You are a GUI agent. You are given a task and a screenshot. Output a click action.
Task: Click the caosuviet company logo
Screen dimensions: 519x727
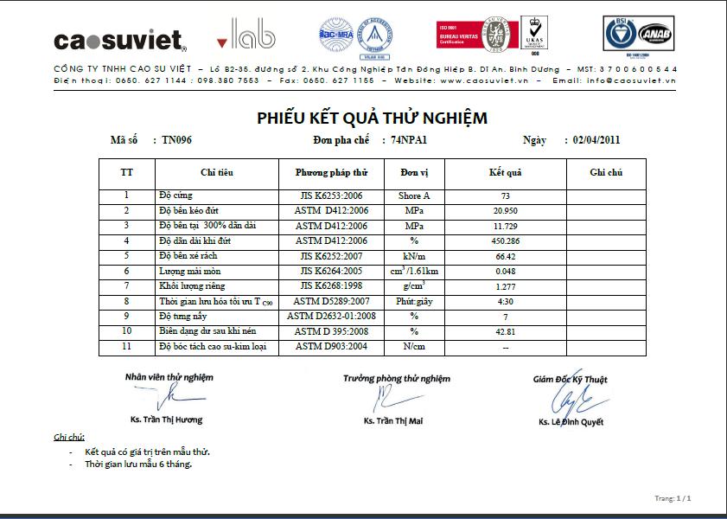coord(120,41)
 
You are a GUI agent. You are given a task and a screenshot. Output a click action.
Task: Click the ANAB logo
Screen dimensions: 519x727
coord(655,36)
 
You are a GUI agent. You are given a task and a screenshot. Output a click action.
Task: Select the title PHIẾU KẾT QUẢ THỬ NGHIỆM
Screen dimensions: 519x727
coord(372,119)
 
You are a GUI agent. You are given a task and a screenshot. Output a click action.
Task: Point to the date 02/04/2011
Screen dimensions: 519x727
coord(596,139)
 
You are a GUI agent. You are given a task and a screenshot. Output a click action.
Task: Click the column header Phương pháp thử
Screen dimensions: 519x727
coord(332,173)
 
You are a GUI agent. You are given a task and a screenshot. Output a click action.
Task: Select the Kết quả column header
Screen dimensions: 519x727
coord(505,173)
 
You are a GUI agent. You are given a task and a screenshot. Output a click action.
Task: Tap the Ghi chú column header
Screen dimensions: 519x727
coord(606,173)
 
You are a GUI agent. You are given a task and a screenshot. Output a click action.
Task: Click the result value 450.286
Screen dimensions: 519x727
coord(505,240)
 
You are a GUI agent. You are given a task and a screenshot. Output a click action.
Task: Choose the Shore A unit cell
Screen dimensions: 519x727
coord(414,196)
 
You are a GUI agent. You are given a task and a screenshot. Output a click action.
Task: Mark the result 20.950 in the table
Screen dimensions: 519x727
coord(505,211)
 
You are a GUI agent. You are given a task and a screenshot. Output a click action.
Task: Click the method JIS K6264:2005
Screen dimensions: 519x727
coord(332,271)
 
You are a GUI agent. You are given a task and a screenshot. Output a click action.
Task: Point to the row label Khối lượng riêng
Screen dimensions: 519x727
coord(191,285)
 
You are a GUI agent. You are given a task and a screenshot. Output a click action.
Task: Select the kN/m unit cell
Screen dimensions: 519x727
coord(414,256)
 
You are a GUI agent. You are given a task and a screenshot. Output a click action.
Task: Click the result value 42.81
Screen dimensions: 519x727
coord(505,331)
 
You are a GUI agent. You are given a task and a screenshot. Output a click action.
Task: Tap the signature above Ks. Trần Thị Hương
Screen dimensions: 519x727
coord(169,397)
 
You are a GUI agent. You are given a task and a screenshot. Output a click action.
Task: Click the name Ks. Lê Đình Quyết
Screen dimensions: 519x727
coord(571,422)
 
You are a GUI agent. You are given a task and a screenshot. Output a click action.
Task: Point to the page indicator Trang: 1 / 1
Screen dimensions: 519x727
coord(673,498)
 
